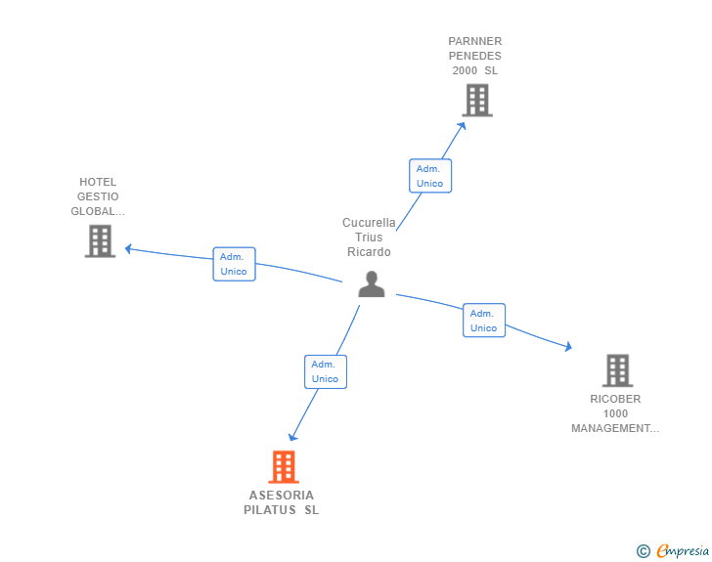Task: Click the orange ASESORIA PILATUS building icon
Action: [x=283, y=467]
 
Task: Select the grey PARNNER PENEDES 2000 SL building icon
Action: [x=476, y=100]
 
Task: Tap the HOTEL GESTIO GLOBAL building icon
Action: [x=100, y=240]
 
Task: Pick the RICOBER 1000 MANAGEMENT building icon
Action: [x=616, y=370]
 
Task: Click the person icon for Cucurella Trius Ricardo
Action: [x=371, y=283]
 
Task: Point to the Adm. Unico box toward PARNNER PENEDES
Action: [x=429, y=176]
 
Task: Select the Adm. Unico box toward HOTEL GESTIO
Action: [x=234, y=264]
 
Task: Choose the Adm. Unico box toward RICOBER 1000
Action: [x=483, y=321]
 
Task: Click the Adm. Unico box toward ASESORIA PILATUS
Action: [x=325, y=371]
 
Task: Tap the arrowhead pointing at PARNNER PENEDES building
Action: [x=464, y=122]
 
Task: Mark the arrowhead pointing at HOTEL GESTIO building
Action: [x=127, y=248]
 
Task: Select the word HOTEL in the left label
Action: [x=98, y=182]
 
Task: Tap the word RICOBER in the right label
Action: [x=615, y=399]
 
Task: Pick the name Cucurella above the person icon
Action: [x=369, y=223]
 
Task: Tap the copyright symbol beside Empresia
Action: [x=643, y=551]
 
